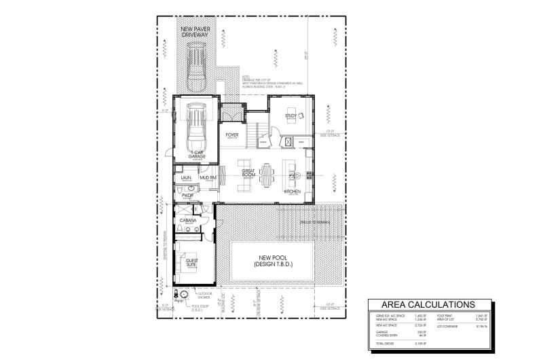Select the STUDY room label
tap(290, 115)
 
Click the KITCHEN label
tap(293, 192)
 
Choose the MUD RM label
tap(208, 178)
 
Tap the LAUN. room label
tap(185, 178)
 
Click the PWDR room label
tap(187, 196)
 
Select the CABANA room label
tap(187, 221)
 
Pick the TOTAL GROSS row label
tap(386, 346)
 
